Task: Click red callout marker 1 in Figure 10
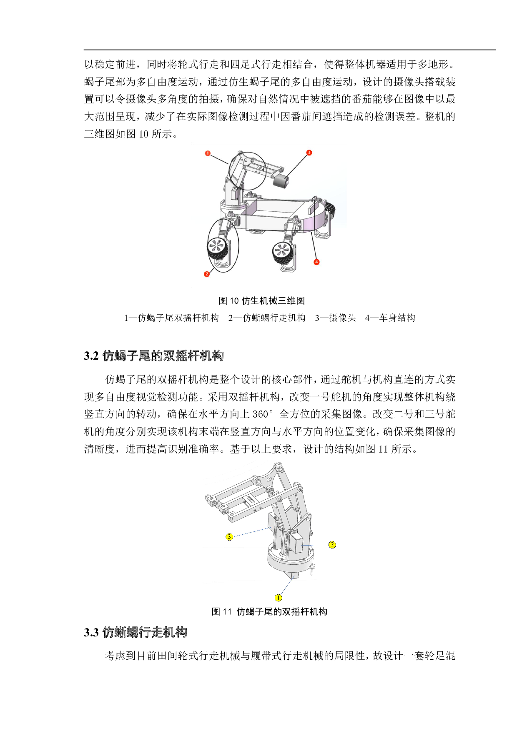[x=208, y=153]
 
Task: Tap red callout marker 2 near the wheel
[x=207, y=274]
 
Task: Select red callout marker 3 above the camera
[x=309, y=153]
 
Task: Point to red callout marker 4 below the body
[x=316, y=262]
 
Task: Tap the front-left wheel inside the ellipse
[x=218, y=249]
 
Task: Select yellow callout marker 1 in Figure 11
[x=278, y=598]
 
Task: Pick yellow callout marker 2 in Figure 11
[x=332, y=544]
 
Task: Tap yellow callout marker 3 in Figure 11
[x=229, y=536]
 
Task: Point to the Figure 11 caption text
[x=269, y=611]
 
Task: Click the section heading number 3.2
[x=91, y=356]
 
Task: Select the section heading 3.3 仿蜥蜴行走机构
[x=136, y=632]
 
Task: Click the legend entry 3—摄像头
[x=336, y=318]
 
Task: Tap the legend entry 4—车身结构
[x=390, y=318]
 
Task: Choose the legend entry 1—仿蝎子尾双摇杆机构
[x=171, y=318]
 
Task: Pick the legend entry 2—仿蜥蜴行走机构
[x=267, y=318]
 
